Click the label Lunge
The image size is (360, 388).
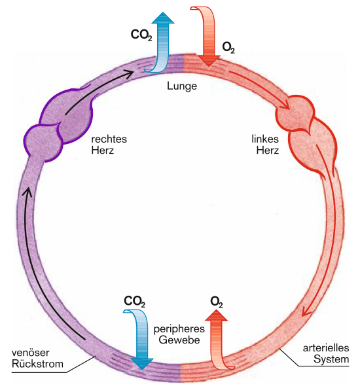(182, 86)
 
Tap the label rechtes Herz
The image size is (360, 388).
(109, 145)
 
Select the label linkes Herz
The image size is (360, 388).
(265, 145)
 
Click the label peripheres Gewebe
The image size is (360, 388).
(179, 334)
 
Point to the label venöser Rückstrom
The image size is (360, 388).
(37, 359)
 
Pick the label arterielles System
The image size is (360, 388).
(326, 353)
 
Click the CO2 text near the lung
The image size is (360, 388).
(141, 35)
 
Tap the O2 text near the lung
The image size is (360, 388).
(228, 47)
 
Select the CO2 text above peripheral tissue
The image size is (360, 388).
(134, 302)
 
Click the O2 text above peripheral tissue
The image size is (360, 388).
(217, 302)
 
